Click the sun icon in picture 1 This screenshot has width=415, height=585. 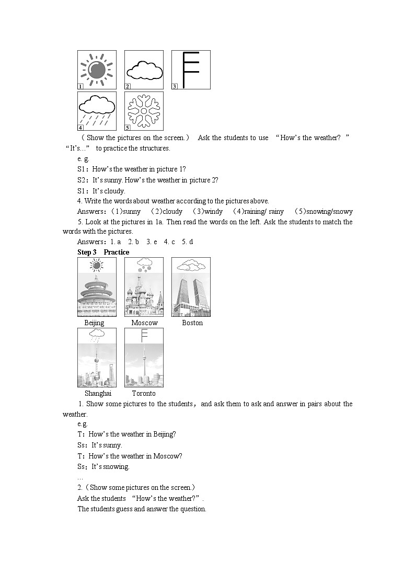point(97,70)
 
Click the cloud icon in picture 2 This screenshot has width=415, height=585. point(144,70)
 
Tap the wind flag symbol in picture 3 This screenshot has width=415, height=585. point(190,69)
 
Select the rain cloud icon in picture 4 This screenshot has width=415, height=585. point(97,111)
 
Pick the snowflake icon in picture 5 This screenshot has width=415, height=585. point(144,111)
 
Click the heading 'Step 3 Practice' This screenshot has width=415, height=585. point(103,252)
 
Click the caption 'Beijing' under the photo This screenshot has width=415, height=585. point(94,323)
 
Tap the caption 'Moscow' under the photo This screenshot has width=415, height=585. point(144,323)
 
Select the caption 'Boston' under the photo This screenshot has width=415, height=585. point(192,323)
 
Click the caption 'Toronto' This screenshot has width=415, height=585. point(144,393)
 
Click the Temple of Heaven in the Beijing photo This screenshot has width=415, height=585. point(97,295)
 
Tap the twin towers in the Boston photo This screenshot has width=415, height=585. point(191,295)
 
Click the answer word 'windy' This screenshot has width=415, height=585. point(213,211)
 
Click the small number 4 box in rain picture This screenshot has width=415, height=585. point(81,127)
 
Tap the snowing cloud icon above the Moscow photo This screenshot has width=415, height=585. point(144,265)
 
